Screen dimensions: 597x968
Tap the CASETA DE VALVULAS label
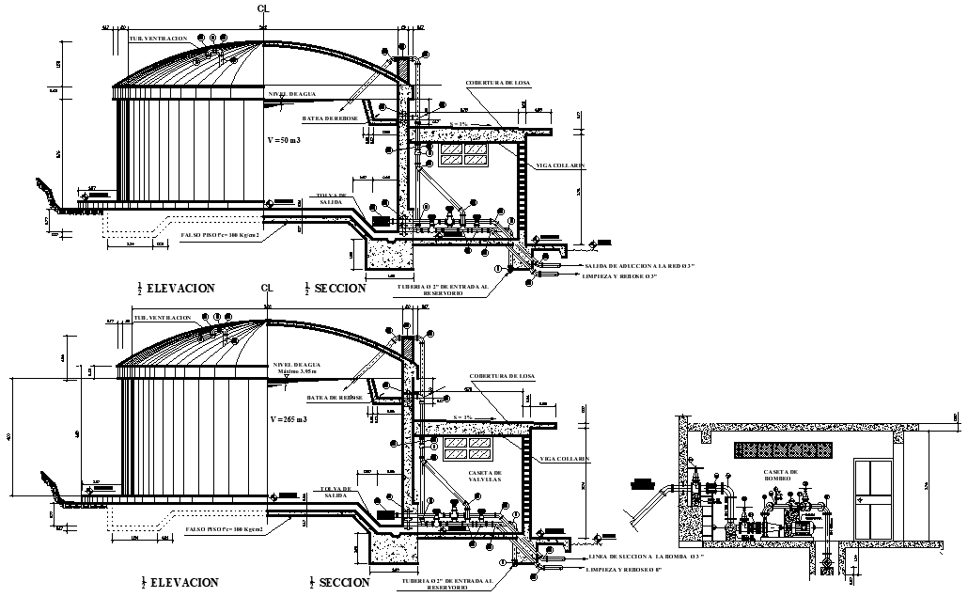[x=485, y=476]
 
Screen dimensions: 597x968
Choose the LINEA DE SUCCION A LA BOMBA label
[x=646, y=557]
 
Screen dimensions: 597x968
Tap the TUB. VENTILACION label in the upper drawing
[x=158, y=39]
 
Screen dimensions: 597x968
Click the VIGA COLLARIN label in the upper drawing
[x=561, y=165]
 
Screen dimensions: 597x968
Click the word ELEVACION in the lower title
[x=184, y=583]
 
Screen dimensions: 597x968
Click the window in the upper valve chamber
[x=463, y=153]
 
